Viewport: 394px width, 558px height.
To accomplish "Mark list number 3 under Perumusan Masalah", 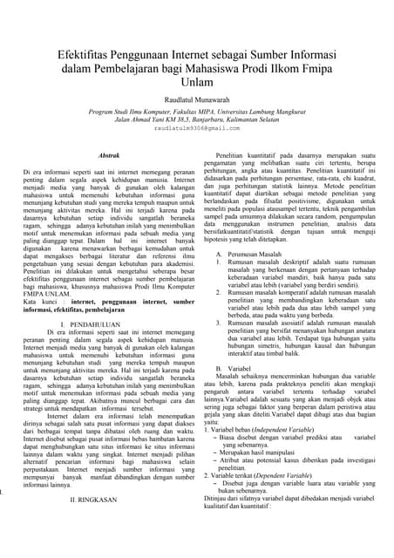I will coord(219,323).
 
